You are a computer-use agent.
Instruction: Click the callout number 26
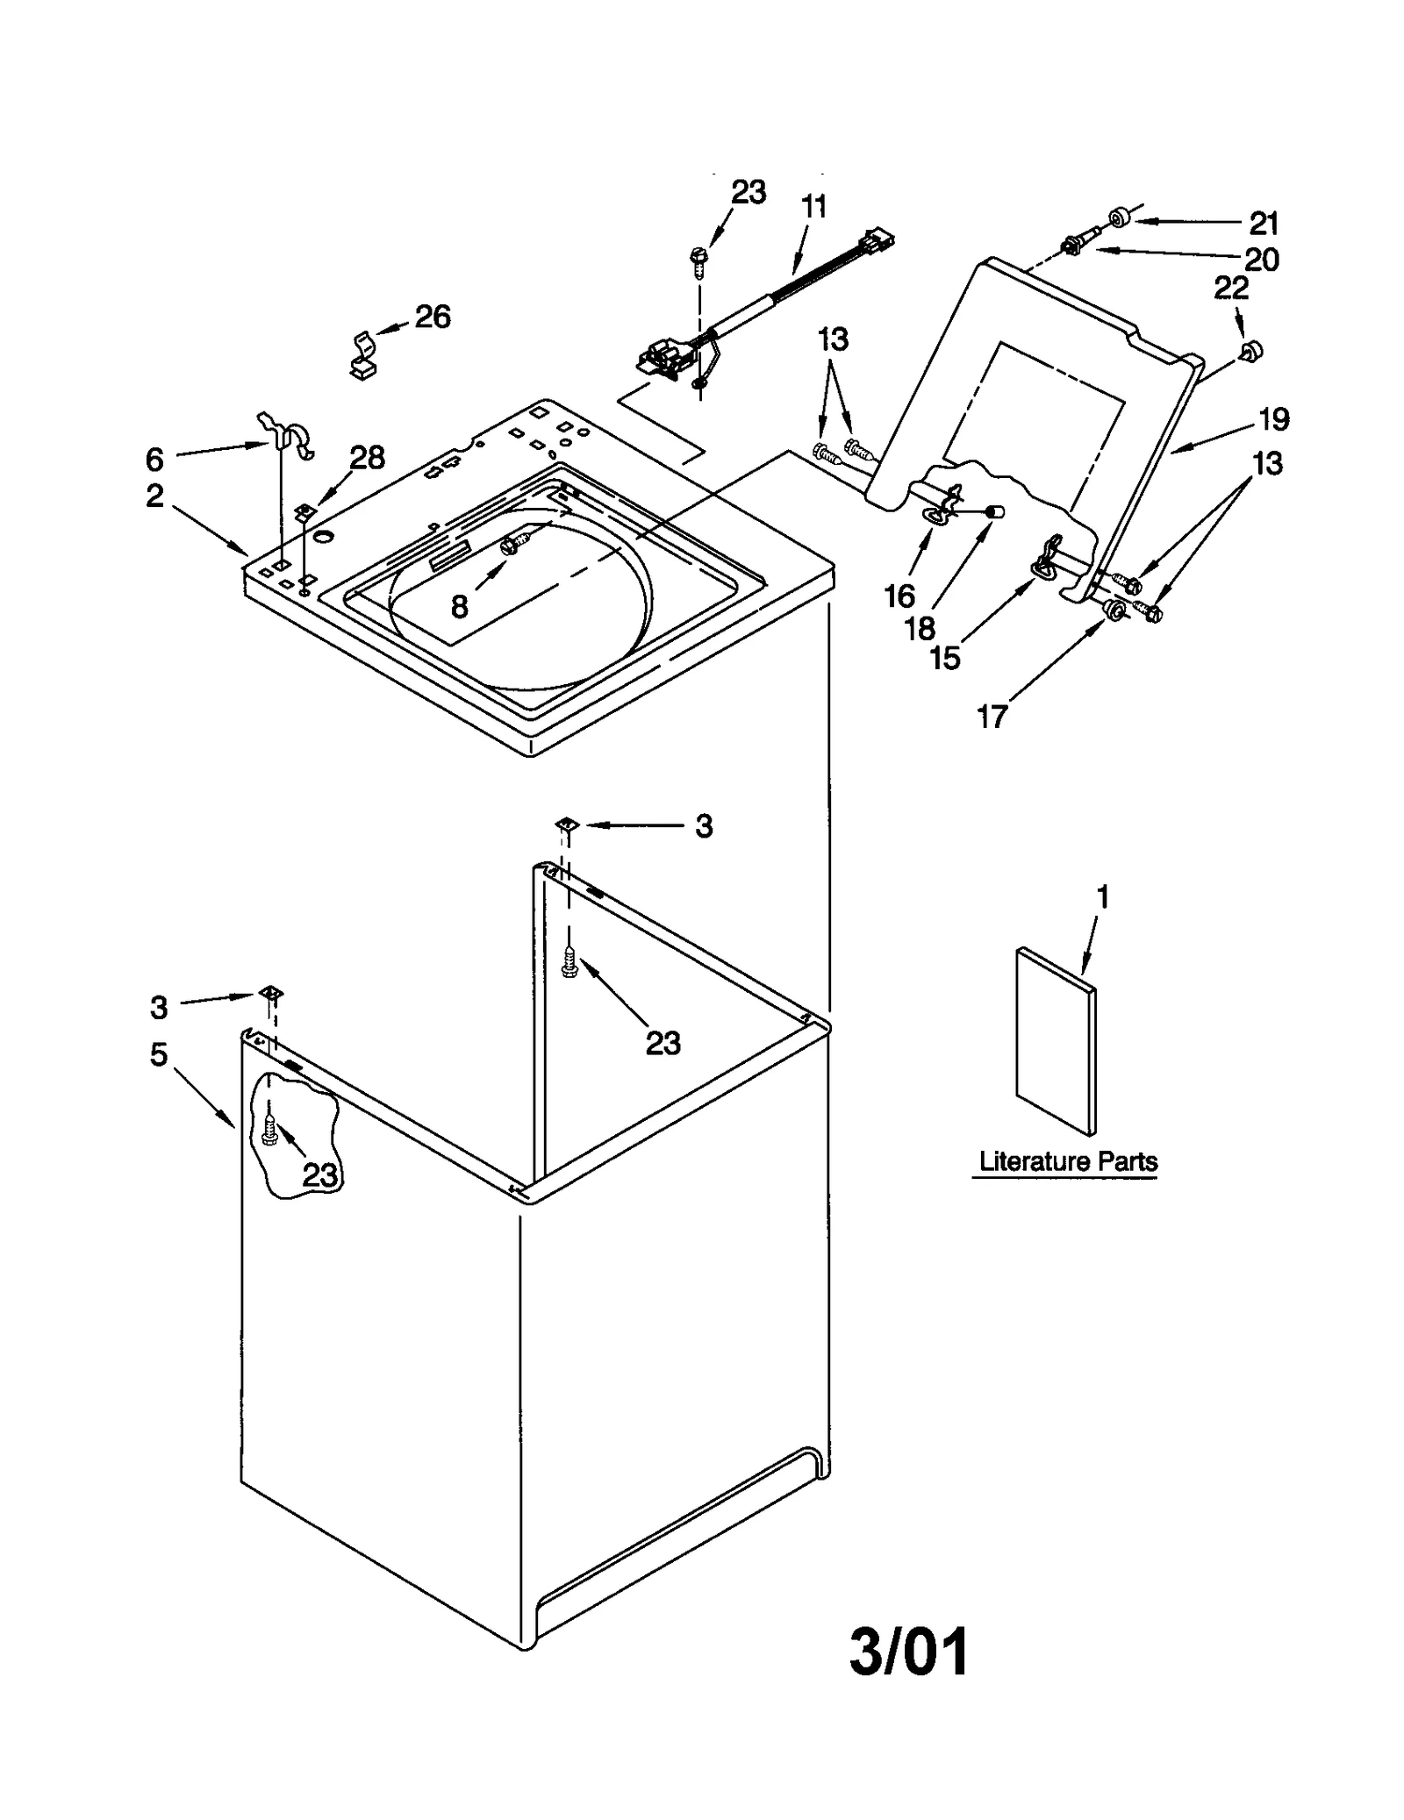coord(433,317)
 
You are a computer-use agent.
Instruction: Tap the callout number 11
coord(813,208)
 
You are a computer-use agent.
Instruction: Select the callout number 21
coord(1264,224)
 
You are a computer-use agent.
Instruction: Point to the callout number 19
coord(1274,419)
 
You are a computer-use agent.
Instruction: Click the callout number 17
coord(992,717)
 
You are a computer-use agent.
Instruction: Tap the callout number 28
coord(367,457)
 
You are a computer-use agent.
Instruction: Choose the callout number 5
coord(158,1054)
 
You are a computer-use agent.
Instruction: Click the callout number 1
coord(1103,896)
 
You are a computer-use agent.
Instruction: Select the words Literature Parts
coord(1068,1161)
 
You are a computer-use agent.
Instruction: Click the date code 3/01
coord(909,1652)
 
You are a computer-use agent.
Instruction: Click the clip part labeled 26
coord(361,356)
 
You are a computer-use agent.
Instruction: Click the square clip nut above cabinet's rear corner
coord(566,824)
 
